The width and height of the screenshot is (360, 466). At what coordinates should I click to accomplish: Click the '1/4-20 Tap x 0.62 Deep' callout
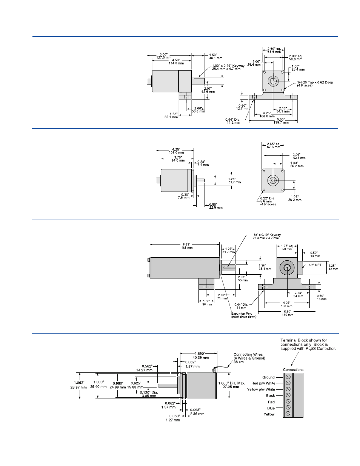(x=315, y=84)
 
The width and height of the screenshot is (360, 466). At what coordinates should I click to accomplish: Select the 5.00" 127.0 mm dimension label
(x=164, y=56)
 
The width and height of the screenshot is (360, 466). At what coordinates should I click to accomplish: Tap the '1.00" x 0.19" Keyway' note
(x=228, y=67)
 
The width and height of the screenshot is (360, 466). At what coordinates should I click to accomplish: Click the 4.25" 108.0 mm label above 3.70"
(x=176, y=151)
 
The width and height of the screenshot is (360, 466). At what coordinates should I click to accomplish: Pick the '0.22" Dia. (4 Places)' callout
(x=268, y=201)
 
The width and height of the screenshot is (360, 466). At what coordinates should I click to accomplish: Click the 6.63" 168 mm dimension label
(x=187, y=246)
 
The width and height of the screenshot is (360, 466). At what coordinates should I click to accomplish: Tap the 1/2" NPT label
(x=315, y=265)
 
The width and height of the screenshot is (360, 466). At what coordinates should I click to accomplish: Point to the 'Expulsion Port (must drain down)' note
(x=243, y=315)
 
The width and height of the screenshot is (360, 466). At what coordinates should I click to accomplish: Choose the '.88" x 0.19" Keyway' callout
(x=266, y=236)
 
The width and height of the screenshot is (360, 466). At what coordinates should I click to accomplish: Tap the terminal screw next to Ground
(x=288, y=377)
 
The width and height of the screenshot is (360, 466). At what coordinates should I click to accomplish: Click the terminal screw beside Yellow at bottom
(x=288, y=414)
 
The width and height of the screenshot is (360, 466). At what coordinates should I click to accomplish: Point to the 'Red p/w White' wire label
(x=263, y=383)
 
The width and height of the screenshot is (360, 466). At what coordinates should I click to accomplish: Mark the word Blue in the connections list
(x=271, y=408)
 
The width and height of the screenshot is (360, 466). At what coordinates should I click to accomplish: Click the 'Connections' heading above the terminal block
(x=293, y=369)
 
